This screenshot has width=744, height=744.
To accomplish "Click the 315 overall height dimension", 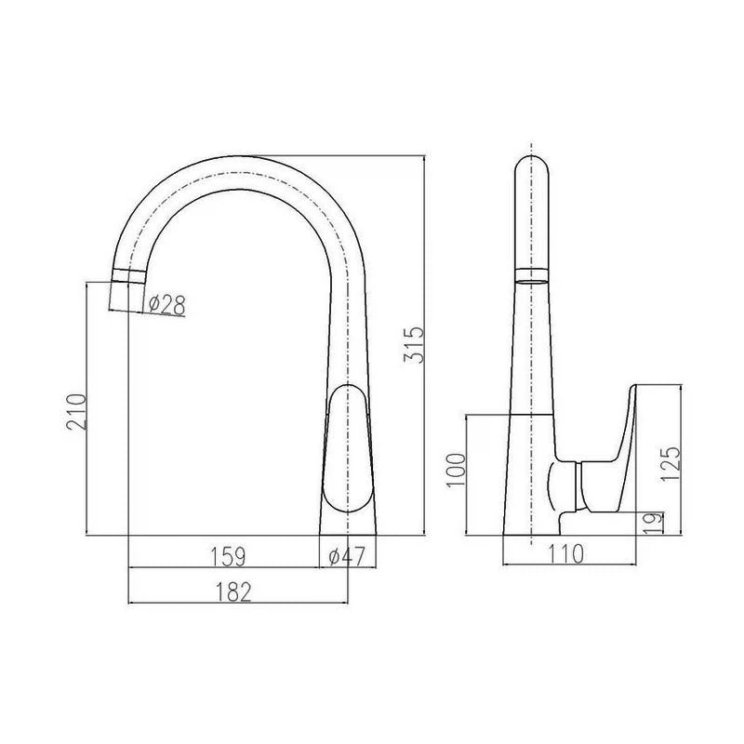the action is [413, 344].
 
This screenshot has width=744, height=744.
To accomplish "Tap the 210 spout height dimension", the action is [76, 411].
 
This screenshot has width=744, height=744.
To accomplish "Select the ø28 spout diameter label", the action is [166, 304].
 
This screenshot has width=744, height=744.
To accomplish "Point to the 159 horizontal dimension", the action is [228, 556].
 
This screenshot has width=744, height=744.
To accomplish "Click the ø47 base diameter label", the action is [347, 556].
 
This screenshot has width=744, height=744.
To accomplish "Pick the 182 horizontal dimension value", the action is [233, 591].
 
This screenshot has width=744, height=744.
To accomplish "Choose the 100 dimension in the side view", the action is [456, 470].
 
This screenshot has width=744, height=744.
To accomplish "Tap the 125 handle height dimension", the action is [671, 463].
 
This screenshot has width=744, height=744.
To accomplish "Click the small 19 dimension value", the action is [655, 523].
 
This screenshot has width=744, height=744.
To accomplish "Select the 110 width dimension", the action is [565, 553].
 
